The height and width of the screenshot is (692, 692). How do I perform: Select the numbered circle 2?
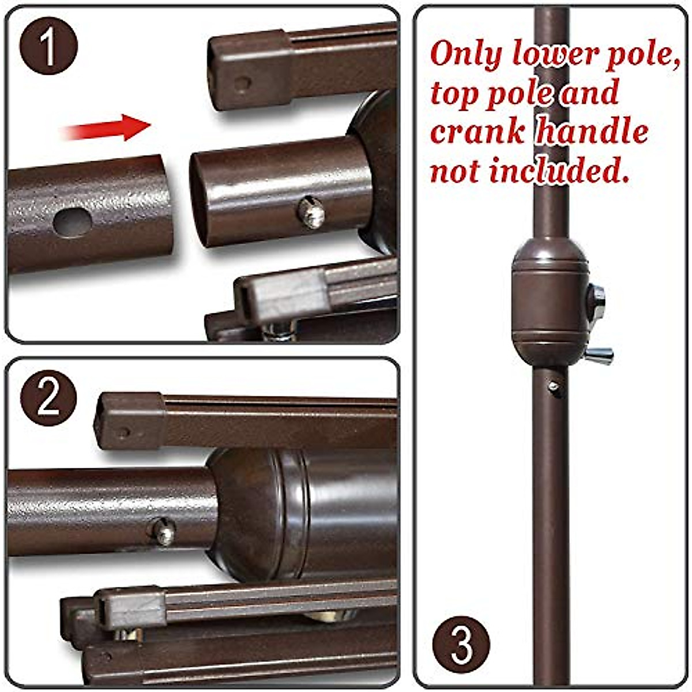(48, 398)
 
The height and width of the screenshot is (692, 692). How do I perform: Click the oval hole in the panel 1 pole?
(73, 221)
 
